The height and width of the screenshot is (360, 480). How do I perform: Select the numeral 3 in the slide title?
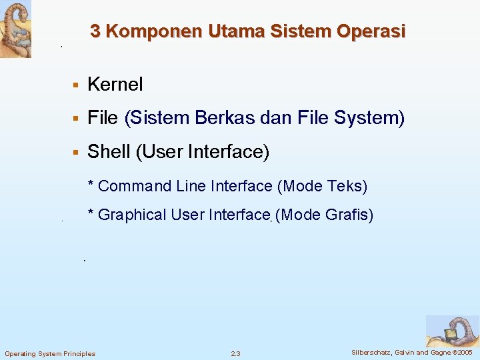click(x=95, y=31)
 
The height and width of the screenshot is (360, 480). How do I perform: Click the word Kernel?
click(x=115, y=85)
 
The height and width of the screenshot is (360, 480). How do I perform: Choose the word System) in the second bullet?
click(x=370, y=118)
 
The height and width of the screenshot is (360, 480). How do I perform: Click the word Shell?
click(x=109, y=152)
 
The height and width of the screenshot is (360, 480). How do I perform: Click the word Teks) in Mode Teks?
click(x=347, y=186)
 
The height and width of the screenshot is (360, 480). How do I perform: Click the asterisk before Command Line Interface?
click(x=91, y=185)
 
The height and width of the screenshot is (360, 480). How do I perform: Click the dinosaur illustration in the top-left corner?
click(x=15, y=29)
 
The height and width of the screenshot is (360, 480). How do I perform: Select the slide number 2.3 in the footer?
click(x=235, y=353)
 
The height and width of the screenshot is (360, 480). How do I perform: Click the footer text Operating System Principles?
click(x=50, y=353)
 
